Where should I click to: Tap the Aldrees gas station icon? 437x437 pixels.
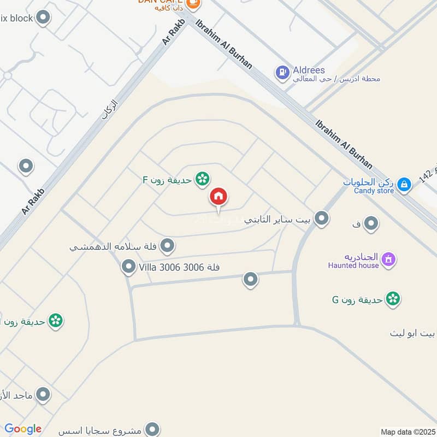pyautogui.click(x=282, y=72)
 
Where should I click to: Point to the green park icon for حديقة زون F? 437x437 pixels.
pyautogui.click(x=203, y=179)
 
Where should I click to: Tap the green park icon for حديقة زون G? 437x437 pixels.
pyautogui.click(x=392, y=299)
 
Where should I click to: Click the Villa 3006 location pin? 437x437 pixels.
pyautogui.click(x=128, y=267)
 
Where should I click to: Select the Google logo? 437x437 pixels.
pyautogui.click(x=23, y=429)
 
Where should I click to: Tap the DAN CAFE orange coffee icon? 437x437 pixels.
pyautogui.click(x=193, y=3)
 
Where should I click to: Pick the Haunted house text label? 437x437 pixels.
pyautogui.click(x=353, y=265)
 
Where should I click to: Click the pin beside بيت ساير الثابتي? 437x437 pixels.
pyautogui.click(x=322, y=219)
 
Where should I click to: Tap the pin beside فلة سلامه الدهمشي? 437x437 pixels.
pyautogui.click(x=168, y=246)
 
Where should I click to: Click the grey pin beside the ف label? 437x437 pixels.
pyautogui.click(x=371, y=223)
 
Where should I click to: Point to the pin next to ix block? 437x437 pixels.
pyautogui.click(x=44, y=18)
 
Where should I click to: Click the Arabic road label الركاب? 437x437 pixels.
pyautogui.click(x=109, y=109)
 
